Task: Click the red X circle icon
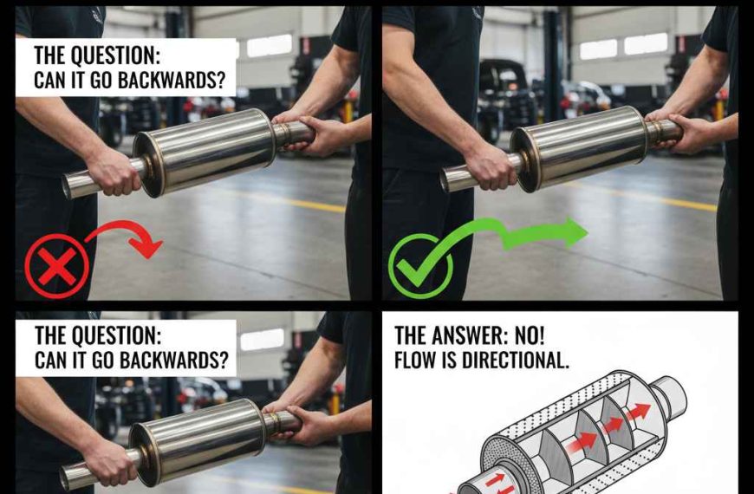(56, 266)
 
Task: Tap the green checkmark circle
(420, 265)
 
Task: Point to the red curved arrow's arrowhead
(149, 247)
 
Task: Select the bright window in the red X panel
(269, 46)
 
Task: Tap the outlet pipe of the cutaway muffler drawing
(673, 394)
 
